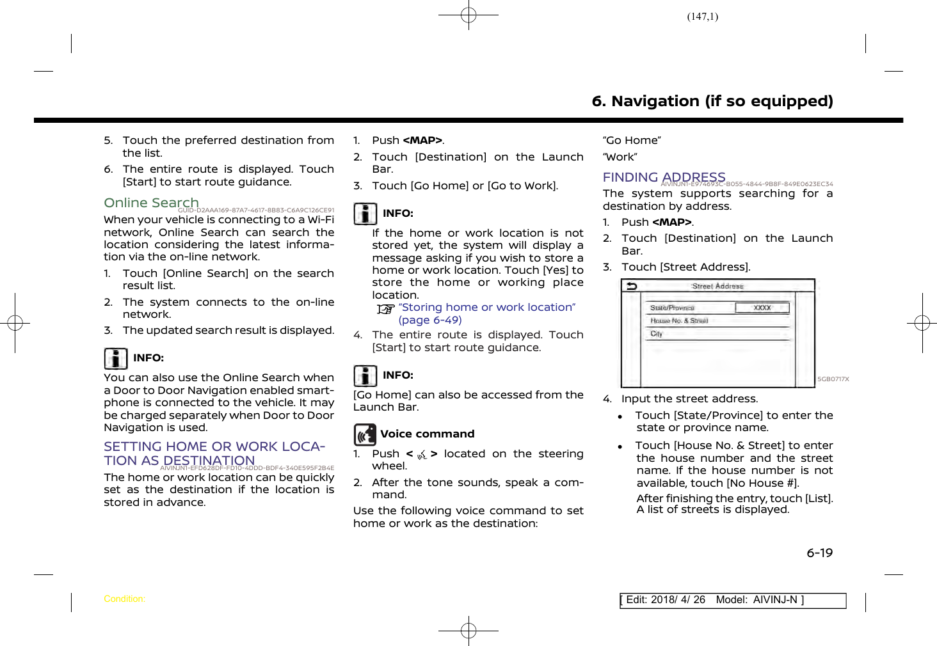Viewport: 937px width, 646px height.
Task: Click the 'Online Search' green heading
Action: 151,203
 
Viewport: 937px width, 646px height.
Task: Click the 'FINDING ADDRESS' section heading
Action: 664,177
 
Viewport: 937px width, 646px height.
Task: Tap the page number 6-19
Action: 819,553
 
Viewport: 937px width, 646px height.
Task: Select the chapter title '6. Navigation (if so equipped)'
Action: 712,101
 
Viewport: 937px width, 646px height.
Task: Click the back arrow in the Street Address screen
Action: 632,286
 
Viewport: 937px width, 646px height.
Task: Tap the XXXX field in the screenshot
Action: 762,308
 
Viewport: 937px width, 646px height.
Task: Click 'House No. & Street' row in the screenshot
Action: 679,320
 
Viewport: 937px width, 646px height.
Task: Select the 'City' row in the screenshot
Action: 657,334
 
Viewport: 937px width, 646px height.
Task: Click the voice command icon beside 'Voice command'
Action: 365,435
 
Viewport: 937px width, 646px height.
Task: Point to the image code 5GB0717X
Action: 833,379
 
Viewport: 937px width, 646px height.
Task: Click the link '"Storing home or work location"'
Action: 486,308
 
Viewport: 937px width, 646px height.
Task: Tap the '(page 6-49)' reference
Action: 430,320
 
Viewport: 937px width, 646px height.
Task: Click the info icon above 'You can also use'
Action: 116,358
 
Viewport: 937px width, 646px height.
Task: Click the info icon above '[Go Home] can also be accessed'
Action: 365,375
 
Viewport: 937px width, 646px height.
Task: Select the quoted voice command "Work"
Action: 620,157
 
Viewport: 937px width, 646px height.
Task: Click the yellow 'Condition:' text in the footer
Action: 124,599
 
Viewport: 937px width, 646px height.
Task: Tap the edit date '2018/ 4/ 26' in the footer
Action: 678,600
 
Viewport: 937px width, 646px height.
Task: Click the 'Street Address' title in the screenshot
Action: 717,286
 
